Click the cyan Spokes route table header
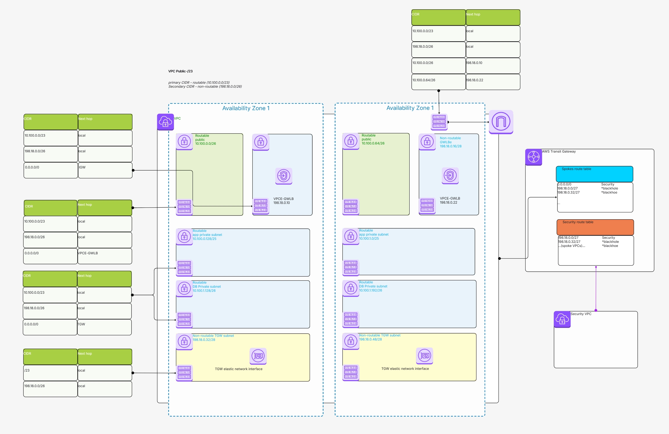(594, 174)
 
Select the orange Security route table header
(595, 227)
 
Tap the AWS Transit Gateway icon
(533, 157)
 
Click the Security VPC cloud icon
(562, 319)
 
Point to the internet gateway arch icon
(501, 122)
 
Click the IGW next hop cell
(105, 170)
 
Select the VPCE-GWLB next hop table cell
(105, 256)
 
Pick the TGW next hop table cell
(104, 327)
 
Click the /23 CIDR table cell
(50, 373)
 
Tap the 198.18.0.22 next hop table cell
(493, 82)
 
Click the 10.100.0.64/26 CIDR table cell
(438, 82)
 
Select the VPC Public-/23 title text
(180, 71)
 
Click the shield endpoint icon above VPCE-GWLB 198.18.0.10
(284, 176)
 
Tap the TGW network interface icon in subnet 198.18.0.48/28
(424, 356)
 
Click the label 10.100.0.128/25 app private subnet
(207, 235)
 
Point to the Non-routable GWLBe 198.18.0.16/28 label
(450, 142)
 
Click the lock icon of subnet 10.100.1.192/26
(351, 288)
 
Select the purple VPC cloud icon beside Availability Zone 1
(165, 122)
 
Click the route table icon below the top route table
(439, 122)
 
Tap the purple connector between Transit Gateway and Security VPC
(596, 289)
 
